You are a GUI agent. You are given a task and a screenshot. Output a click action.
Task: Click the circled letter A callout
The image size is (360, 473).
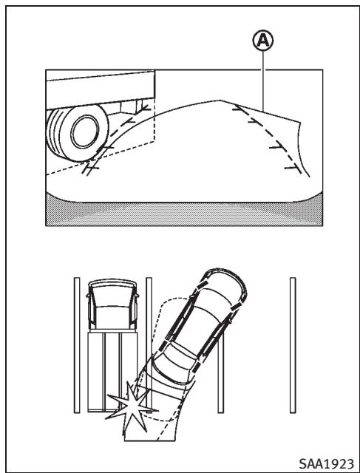[x=263, y=40]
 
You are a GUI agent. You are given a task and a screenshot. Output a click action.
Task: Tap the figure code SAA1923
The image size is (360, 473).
[x=327, y=463]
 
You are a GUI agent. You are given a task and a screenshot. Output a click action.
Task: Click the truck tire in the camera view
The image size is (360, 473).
[x=78, y=133]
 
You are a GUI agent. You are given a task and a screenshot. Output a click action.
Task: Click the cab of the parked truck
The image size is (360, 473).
[x=112, y=304]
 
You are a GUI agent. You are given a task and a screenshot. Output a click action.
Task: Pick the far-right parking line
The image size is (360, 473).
[x=293, y=345]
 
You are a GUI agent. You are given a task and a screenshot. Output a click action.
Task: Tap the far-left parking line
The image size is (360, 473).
[x=77, y=345]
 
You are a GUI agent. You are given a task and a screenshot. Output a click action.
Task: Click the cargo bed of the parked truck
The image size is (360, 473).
[x=112, y=371]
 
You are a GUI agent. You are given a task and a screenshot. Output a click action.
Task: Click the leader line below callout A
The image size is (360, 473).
[x=263, y=81]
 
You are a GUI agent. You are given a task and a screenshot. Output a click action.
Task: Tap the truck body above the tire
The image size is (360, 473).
[x=101, y=89]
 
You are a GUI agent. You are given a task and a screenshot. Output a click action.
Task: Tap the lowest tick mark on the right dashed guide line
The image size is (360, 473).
[x=293, y=168]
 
